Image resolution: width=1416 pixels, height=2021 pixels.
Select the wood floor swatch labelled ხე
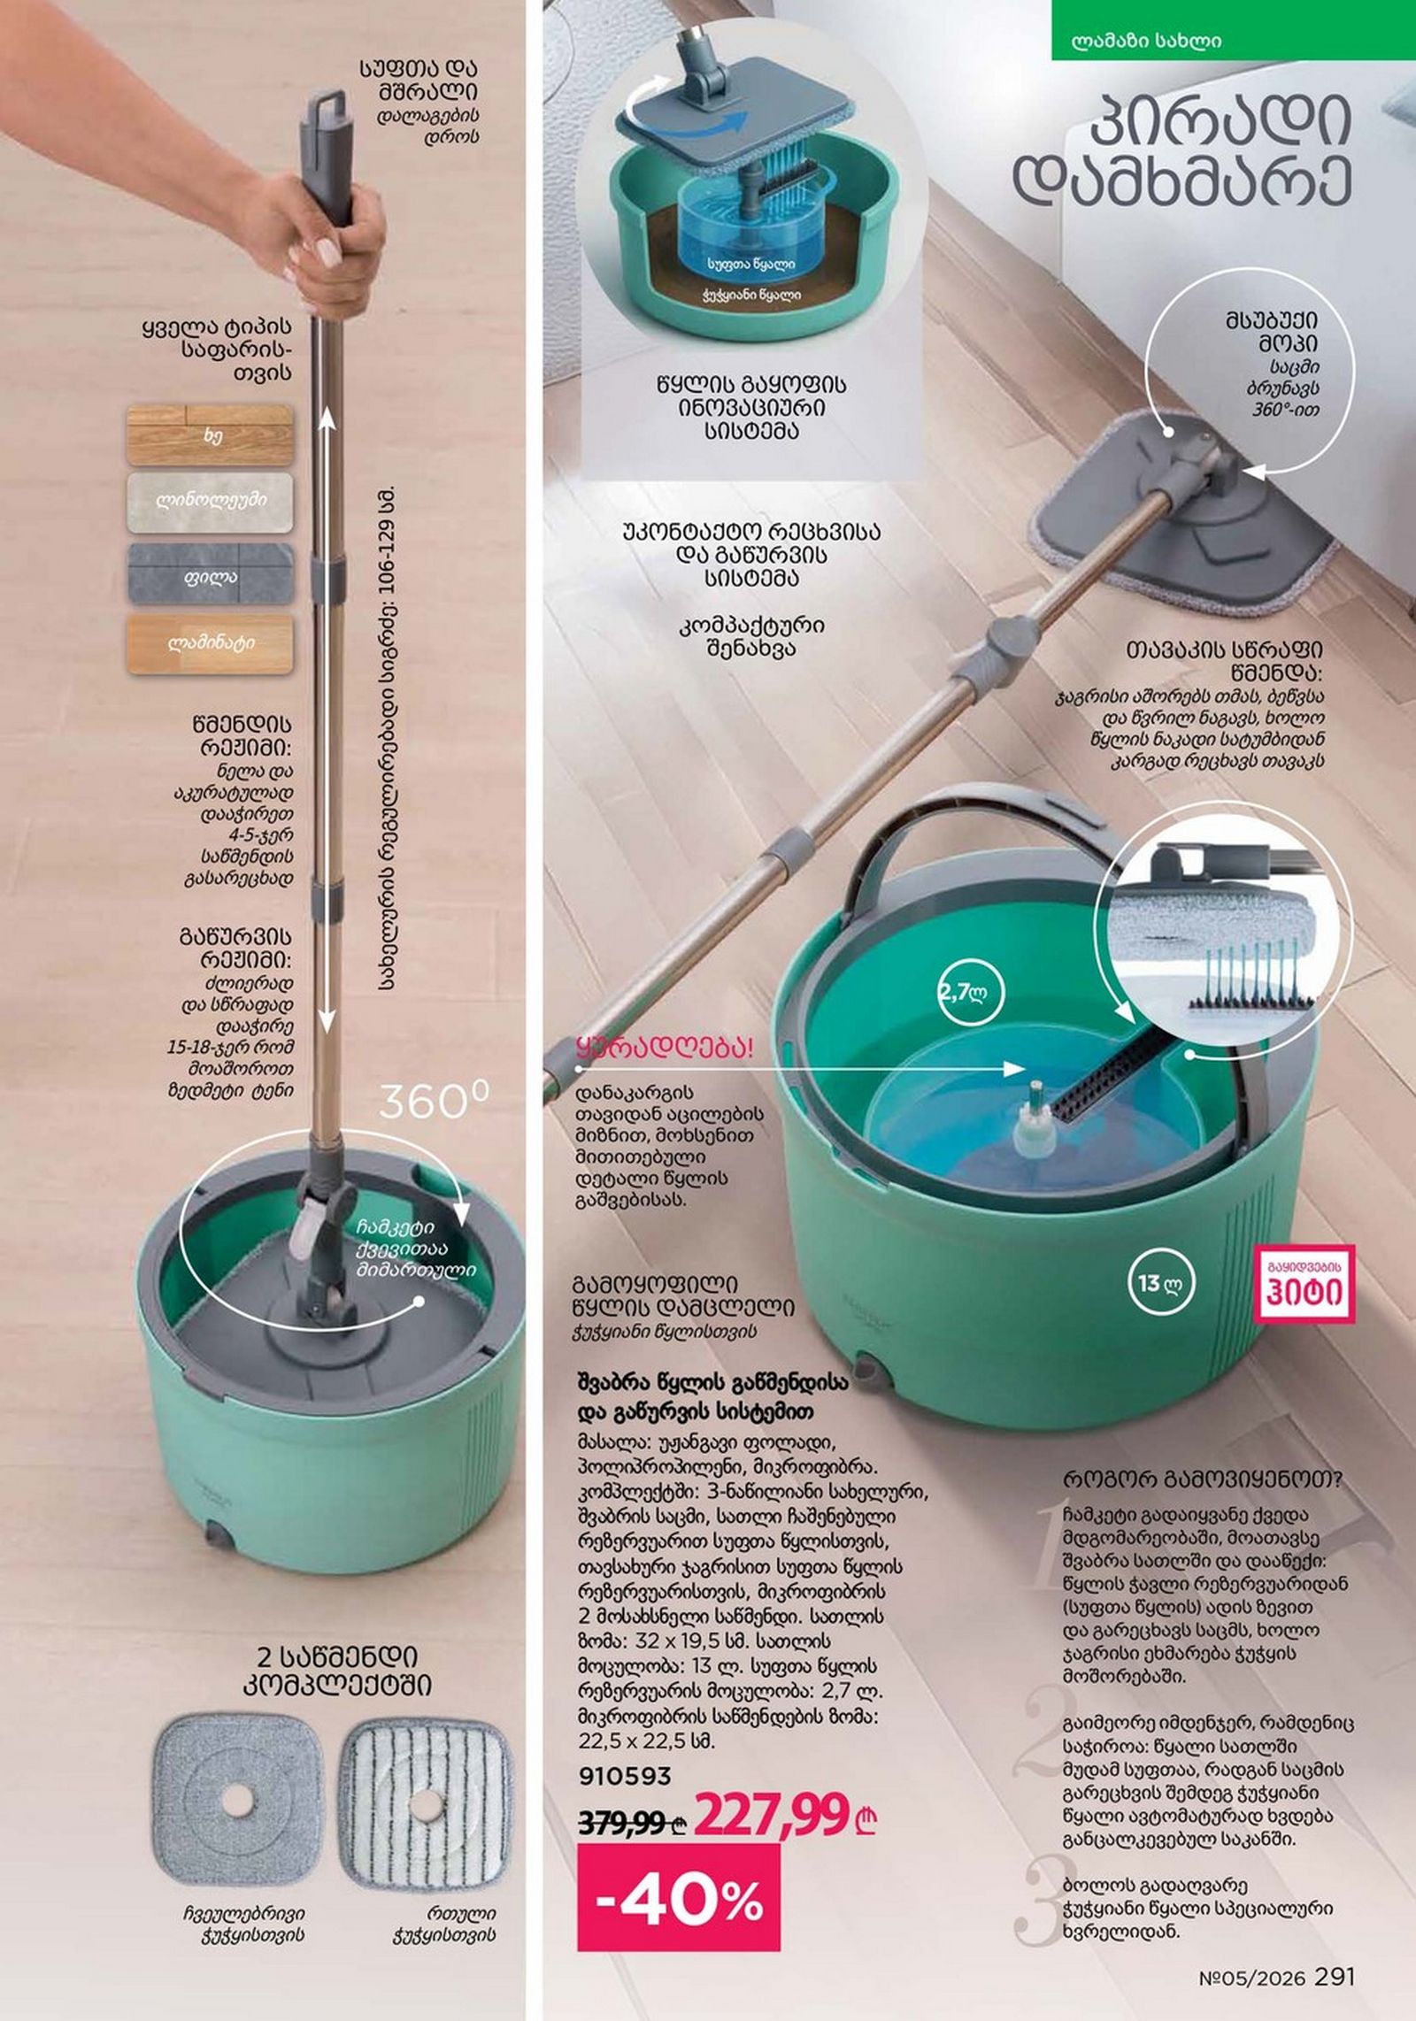(210, 436)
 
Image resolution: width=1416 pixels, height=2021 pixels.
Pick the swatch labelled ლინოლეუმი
(210, 502)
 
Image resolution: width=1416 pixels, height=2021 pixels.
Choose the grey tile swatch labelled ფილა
(210, 573)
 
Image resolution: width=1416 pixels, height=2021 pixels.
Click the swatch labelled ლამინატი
(210, 643)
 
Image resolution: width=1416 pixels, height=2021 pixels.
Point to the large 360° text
(434, 1102)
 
